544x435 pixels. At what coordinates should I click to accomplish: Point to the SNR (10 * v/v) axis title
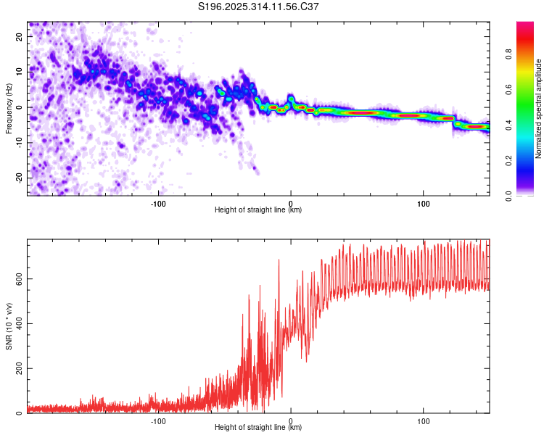[x=9, y=326]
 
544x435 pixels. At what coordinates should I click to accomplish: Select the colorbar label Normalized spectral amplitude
[x=539, y=109]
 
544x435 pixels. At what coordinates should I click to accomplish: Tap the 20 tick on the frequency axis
[x=20, y=36]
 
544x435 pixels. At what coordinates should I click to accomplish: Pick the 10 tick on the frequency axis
[x=20, y=72]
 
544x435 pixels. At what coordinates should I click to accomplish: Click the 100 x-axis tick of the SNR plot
[x=424, y=421]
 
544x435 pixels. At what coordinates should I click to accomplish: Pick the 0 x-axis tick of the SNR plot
[x=291, y=421]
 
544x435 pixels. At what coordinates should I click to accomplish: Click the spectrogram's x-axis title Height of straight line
[x=258, y=210]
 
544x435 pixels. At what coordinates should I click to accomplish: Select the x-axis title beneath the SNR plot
[x=258, y=428]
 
